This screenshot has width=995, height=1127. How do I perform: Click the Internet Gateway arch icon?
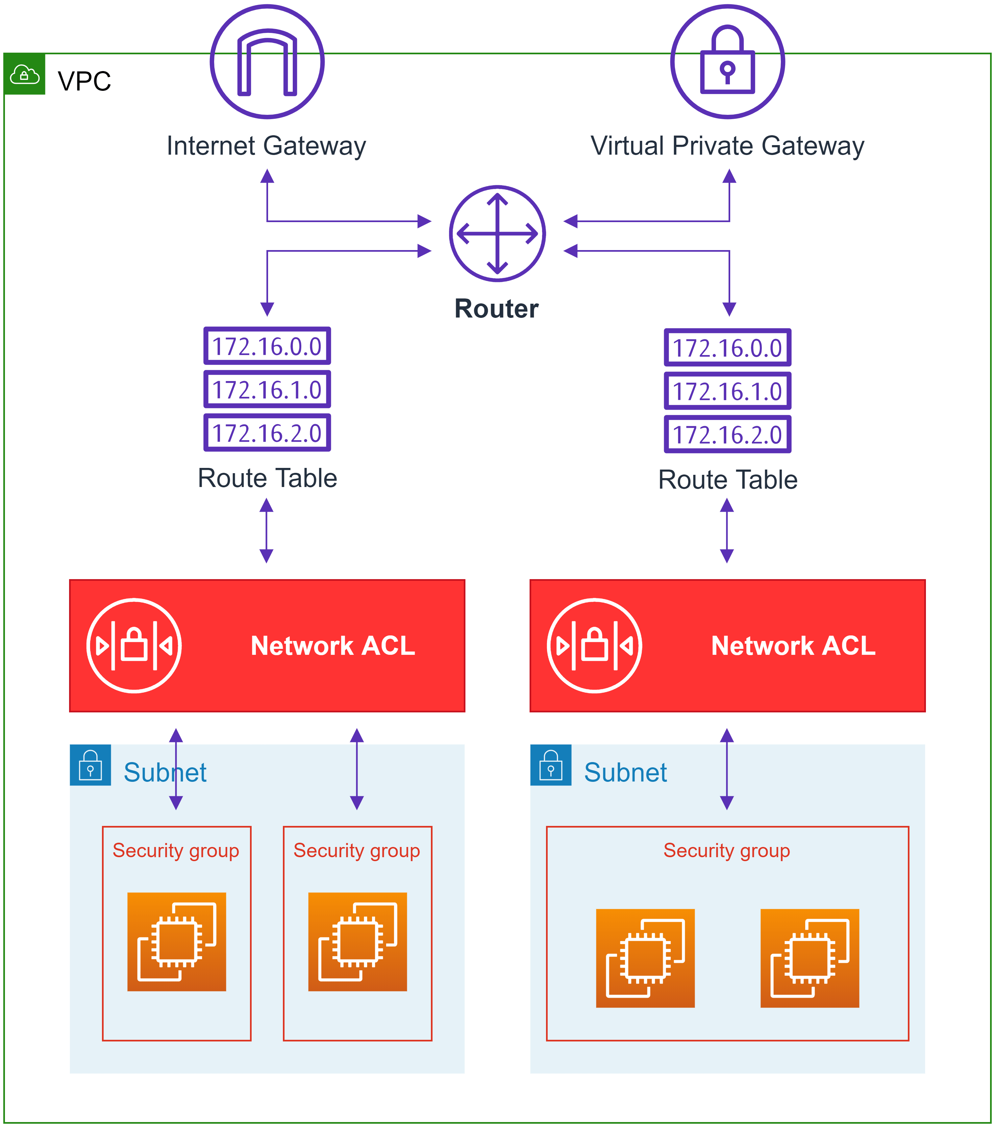[267, 62]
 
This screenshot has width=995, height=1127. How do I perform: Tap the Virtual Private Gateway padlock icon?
[728, 62]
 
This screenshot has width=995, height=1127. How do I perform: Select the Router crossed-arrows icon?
[497, 234]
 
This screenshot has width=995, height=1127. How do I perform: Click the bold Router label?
[496, 309]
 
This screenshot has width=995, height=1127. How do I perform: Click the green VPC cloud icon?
[25, 74]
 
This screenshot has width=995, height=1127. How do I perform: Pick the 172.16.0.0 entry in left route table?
[267, 346]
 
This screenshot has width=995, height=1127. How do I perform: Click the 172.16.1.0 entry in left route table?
[267, 390]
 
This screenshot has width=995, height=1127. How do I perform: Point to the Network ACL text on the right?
[793, 646]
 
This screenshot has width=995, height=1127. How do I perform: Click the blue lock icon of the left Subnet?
[90, 765]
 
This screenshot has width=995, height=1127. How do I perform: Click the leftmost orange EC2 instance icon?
[176, 942]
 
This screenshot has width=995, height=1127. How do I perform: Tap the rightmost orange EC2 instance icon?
[809, 958]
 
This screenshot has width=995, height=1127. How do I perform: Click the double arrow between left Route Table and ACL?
[266, 530]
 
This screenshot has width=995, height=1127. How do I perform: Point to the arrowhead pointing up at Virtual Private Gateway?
[729, 176]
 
